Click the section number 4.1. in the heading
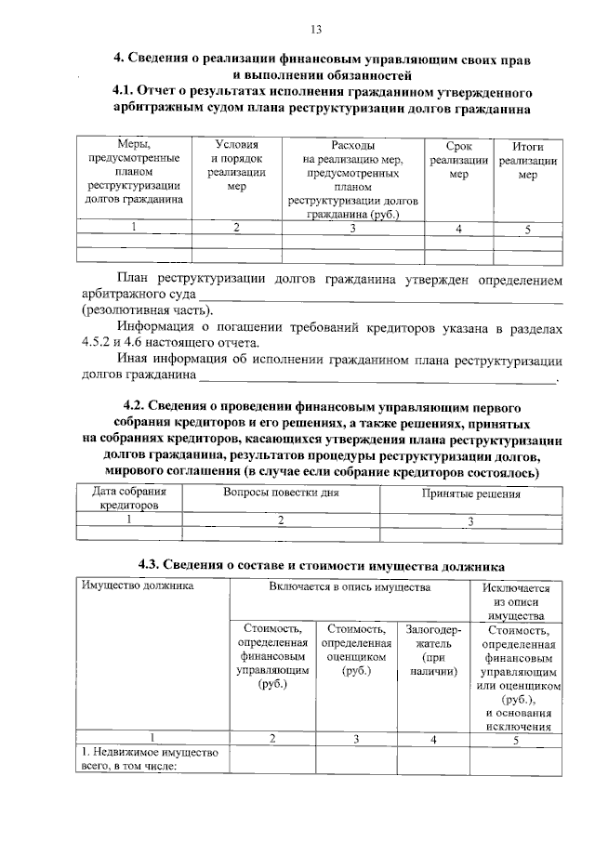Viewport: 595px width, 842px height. pos(125,93)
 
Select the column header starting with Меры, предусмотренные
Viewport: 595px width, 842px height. pos(133,172)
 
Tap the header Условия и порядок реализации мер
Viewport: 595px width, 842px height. pos(236,165)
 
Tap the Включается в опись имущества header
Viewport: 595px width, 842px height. pos(350,587)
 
